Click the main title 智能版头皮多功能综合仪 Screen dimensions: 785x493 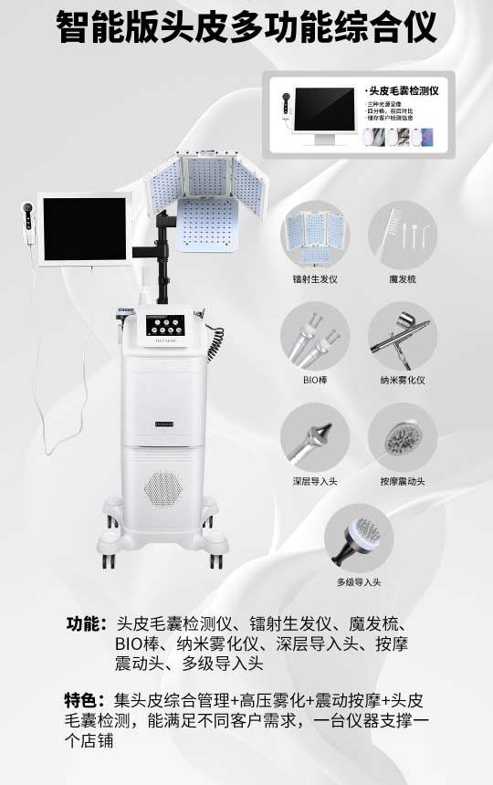pyautogui.click(x=246, y=27)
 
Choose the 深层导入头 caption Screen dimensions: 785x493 pyautogui.click(x=314, y=481)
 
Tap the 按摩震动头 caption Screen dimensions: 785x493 pyautogui.click(x=403, y=481)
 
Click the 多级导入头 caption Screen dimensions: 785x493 pyautogui.click(x=358, y=582)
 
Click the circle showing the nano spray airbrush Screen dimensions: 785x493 pyautogui.click(x=403, y=335)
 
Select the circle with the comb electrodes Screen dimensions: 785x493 pyautogui.click(x=403, y=235)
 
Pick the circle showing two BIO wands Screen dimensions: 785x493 pyautogui.click(x=314, y=335)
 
